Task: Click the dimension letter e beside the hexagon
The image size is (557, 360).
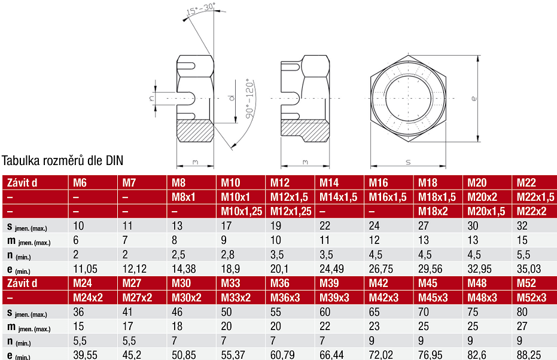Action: coord(473,99)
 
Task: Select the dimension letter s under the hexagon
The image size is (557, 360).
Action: coord(408,161)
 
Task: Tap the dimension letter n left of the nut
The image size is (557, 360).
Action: coord(152,96)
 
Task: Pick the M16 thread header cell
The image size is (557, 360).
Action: coord(379,182)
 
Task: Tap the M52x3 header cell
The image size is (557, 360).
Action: coord(531,297)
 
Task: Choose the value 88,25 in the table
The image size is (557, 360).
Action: coord(529,355)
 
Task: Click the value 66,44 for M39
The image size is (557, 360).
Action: coord(332,355)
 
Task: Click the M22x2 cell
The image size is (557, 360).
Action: coord(531,211)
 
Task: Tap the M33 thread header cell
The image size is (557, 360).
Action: coord(232,283)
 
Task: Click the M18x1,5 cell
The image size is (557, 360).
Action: coord(436,197)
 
